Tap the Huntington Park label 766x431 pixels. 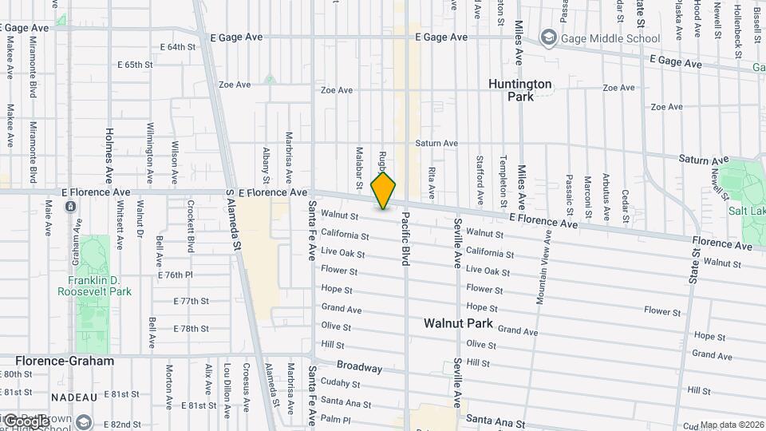click(519, 89)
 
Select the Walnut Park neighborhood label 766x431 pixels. click(458, 324)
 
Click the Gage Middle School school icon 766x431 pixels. click(548, 38)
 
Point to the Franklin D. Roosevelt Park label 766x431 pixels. click(94, 287)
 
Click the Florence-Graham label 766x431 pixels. click(65, 361)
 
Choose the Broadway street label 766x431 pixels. click(359, 366)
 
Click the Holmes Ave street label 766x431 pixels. click(109, 155)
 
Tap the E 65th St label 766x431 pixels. click(134, 65)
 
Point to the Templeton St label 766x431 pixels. click(502, 180)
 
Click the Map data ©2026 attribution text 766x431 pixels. click(732, 425)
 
